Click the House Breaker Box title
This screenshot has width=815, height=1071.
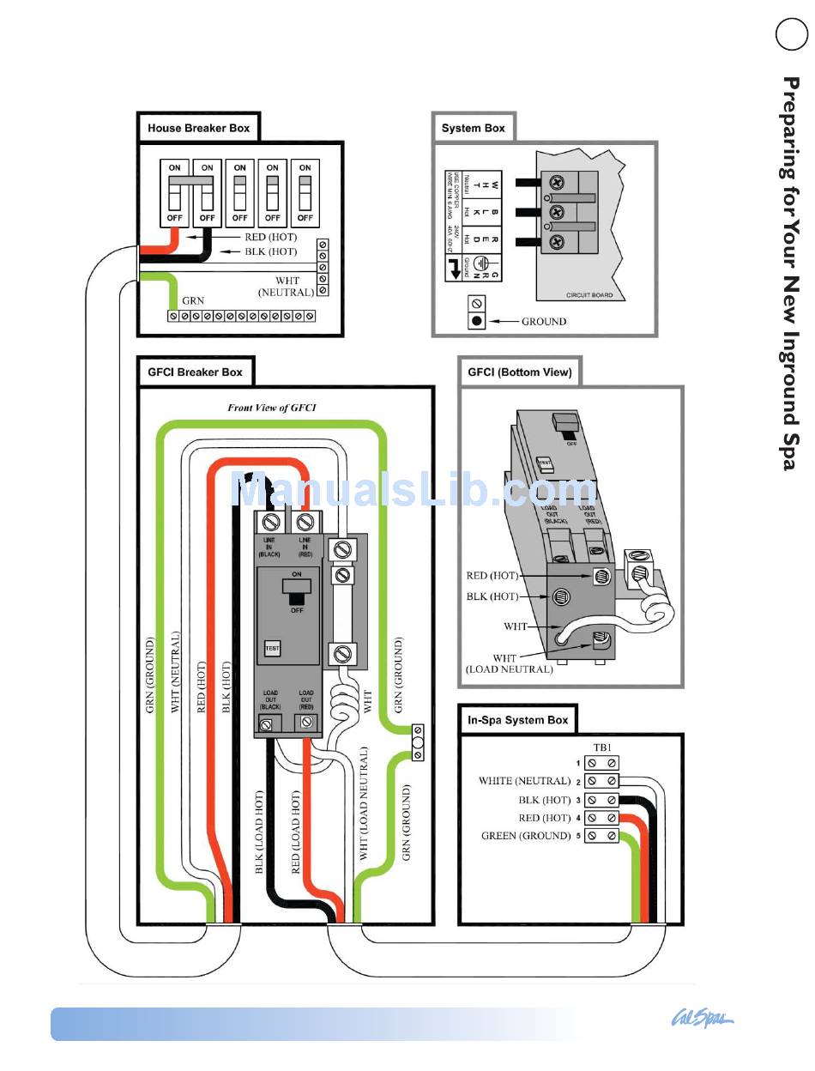pyautogui.click(x=198, y=128)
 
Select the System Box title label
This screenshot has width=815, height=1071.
pyautogui.click(x=473, y=128)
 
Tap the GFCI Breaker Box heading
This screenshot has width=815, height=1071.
pyautogui.click(x=195, y=372)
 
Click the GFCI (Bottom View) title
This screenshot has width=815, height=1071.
pyautogui.click(x=520, y=372)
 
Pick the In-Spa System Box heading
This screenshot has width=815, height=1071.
pyautogui.click(x=517, y=720)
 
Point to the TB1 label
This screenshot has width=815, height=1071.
pyautogui.click(x=603, y=747)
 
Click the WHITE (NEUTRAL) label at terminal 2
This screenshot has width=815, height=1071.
pyautogui.click(x=524, y=781)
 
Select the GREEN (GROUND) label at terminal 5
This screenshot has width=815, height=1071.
pyautogui.click(x=526, y=836)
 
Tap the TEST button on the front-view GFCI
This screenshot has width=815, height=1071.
pyautogui.click(x=273, y=649)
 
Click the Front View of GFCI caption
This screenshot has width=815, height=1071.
pyautogui.click(x=271, y=408)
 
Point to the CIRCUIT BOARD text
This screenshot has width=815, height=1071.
pyautogui.click(x=589, y=295)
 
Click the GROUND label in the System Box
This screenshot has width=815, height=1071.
pyautogui.click(x=544, y=322)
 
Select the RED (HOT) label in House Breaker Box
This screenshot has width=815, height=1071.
pyautogui.click(x=271, y=237)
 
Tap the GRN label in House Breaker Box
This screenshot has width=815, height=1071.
pyautogui.click(x=193, y=301)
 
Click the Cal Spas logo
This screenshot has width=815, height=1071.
pyautogui.click(x=701, y=1020)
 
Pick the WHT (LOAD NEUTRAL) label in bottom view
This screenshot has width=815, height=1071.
pyautogui.click(x=510, y=664)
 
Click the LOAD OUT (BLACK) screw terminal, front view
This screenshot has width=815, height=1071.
pyautogui.click(x=267, y=725)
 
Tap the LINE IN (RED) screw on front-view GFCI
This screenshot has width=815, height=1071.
pyautogui.click(x=304, y=521)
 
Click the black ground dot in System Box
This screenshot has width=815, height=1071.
pyautogui.click(x=477, y=322)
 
